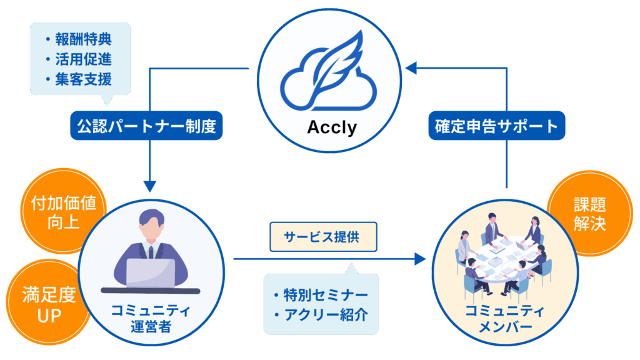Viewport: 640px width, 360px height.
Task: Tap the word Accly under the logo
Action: pos(331,128)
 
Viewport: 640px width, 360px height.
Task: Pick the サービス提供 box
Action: pos(322,237)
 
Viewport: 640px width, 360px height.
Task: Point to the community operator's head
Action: pos(150,224)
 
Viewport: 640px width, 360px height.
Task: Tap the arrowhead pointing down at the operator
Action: pos(150,186)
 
